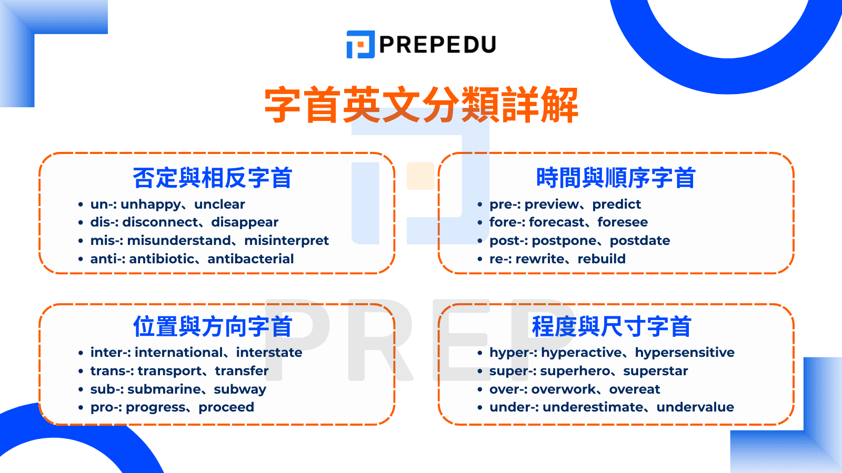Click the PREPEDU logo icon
tap(360, 44)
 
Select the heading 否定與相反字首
tap(213, 178)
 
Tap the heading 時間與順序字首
tap(616, 178)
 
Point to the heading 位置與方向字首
tap(213, 326)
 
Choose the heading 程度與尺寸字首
tap(612, 326)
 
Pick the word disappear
tap(245, 223)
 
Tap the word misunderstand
tap(179, 241)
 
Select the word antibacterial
tap(250, 259)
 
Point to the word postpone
tap(564, 241)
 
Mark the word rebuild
tap(602, 259)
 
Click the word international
tap(179, 353)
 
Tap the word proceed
tap(226, 408)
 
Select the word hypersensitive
tap(685, 353)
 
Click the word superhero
tap(575, 371)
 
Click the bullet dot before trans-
tap(81, 371)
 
